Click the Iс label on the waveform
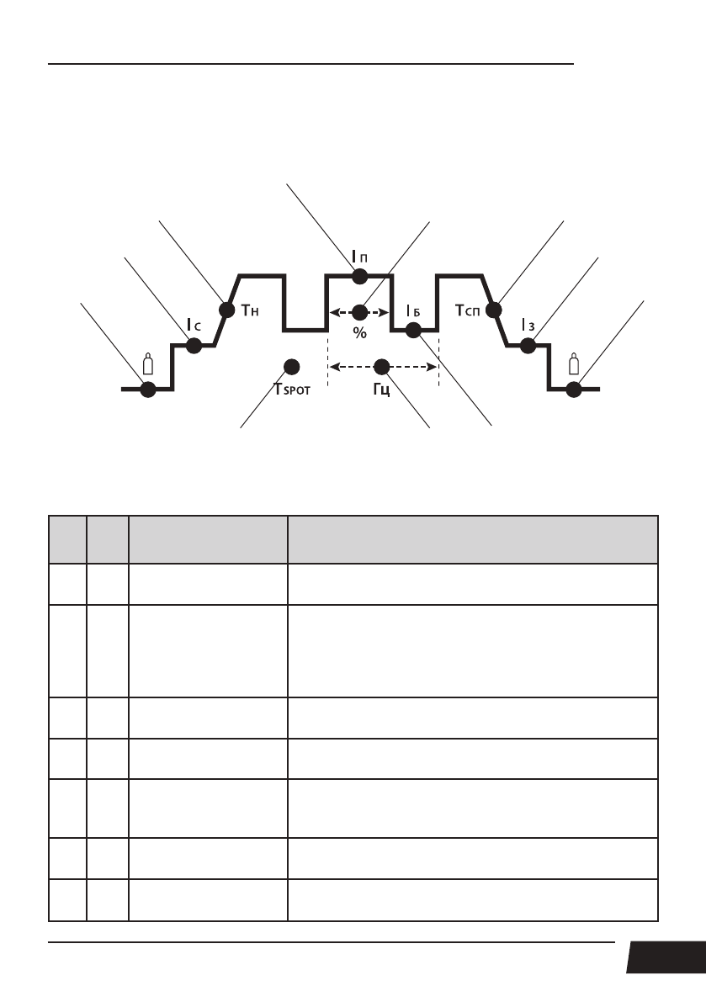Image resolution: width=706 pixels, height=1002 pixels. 193,324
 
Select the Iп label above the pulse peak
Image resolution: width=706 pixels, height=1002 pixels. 359,254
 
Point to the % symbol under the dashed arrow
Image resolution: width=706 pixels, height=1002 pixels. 360,333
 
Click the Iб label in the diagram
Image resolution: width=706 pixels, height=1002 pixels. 412,311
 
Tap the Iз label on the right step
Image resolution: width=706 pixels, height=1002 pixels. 528,324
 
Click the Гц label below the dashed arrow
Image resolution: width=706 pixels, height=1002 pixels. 382,391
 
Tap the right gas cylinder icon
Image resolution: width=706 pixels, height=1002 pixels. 574,365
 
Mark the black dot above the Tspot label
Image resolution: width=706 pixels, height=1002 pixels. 292,366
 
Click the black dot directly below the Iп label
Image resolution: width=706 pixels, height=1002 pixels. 359,276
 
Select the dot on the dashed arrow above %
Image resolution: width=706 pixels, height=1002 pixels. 359,312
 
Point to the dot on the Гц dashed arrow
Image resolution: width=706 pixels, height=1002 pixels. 382,366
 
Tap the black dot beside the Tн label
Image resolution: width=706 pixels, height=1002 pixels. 226,310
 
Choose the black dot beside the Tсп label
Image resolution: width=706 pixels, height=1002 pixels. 494,310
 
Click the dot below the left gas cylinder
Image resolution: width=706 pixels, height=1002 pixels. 148,389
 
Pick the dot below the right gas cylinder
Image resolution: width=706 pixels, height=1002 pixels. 574,389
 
